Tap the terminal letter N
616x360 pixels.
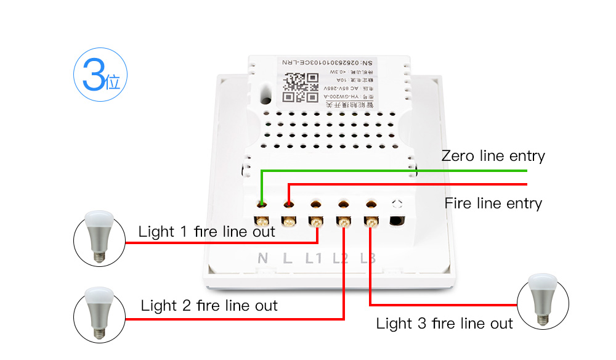[x=262, y=258]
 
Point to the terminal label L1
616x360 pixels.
[x=314, y=258]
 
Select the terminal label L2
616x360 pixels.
[x=341, y=258]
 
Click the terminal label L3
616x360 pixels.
[x=368, y=258]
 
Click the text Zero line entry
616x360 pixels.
[x=493, y=156]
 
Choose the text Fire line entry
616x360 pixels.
[x=493, y=203]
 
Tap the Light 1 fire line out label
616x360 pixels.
[x=206, y=232]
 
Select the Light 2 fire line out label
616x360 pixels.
[x=209, y=305]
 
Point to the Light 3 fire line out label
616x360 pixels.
[x=444, y=323]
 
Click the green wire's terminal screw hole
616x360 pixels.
[x=262, y=203]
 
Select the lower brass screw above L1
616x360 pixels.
[x=315, y=221]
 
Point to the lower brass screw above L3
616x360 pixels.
[x=371, y=221]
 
